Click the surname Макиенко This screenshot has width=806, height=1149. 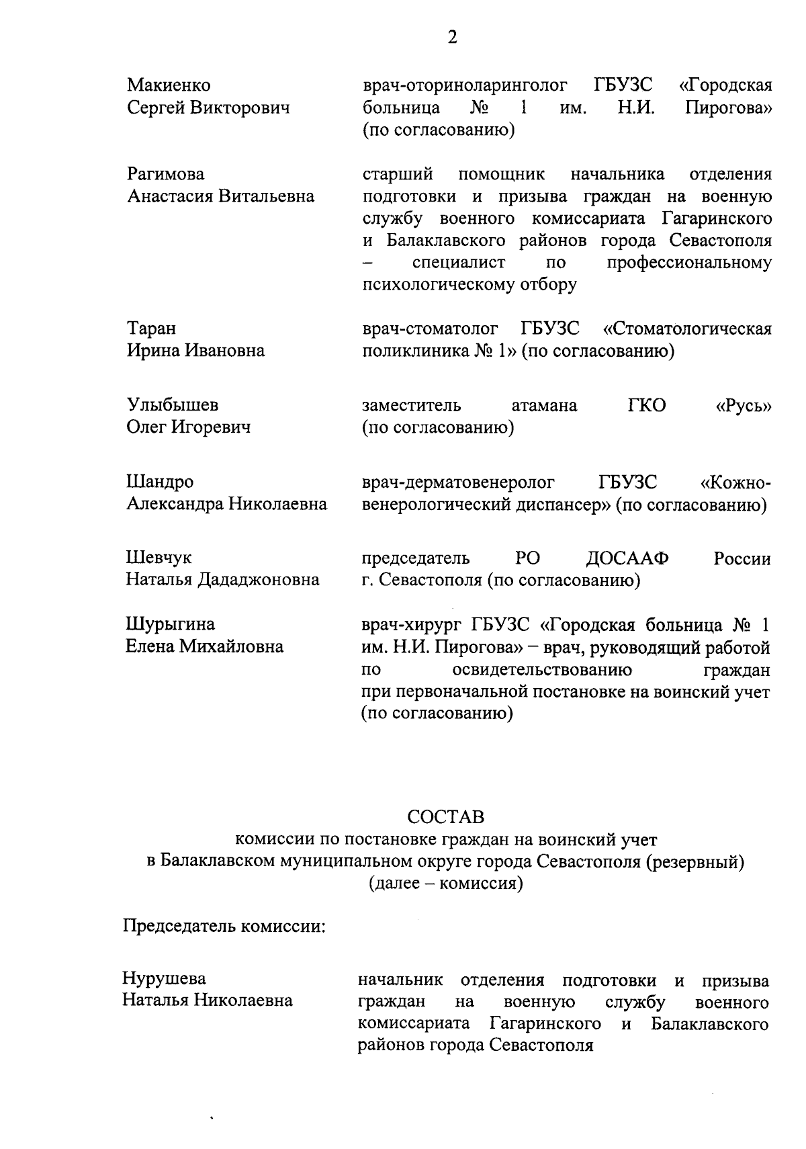(x=169, y=85)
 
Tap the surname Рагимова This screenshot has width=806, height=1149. (x=166, y=174)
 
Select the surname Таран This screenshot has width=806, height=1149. (x=152, y=329)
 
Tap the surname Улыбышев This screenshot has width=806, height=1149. (x=173, y=405)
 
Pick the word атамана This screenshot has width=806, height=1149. (x=544, y=405)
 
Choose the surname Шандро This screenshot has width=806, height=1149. (x=160, y=482)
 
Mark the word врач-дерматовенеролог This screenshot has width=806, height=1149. (x=459, y=482)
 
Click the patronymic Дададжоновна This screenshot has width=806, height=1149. (x=258, y=579)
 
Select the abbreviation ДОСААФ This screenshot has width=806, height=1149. (x=627, y=558)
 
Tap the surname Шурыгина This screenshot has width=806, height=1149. (x=171, y=624)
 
